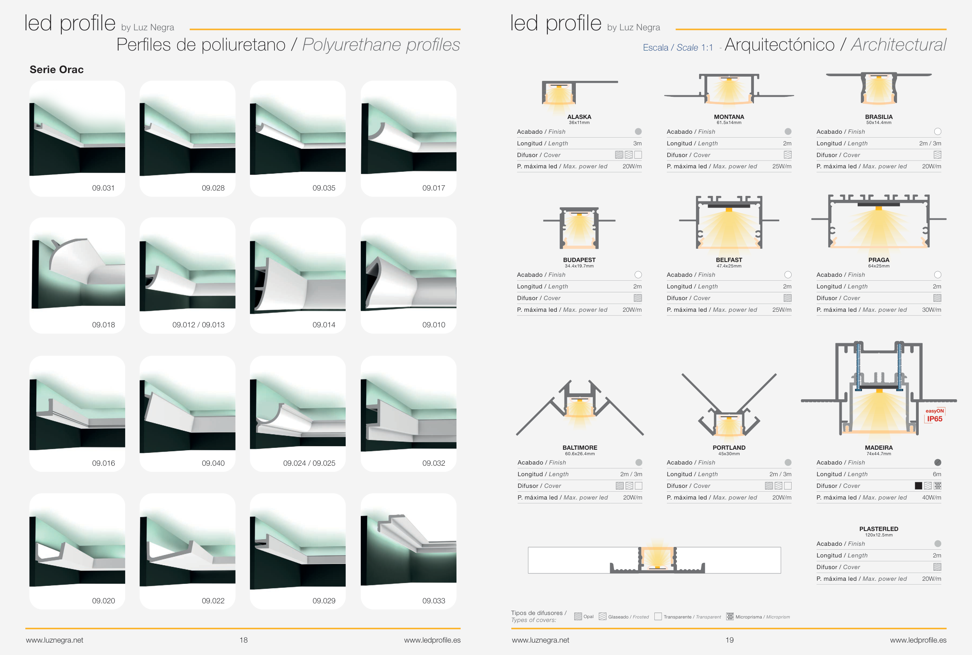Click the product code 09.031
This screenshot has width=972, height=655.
point(103,188)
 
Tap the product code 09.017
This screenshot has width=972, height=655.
point(434,188)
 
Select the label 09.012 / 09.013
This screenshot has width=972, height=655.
point(198,325)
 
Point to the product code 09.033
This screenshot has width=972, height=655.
point(434,601)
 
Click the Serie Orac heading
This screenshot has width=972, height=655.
point(56,69)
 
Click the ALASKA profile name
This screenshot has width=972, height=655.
point(579,117)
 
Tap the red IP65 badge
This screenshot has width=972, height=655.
point(934,419)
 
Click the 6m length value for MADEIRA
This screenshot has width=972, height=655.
point(937,474)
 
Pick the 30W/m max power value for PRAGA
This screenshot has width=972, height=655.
point(932,309)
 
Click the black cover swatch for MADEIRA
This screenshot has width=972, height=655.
point(918,486)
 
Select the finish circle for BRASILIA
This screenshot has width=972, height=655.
point(937,132)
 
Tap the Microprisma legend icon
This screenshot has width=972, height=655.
point(730,617)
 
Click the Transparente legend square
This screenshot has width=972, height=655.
point(658,617)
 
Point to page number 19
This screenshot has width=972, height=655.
point(729,640)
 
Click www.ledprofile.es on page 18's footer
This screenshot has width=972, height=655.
point(432,640)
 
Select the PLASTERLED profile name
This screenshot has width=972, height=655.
point(878,529)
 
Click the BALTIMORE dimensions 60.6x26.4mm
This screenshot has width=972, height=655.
point(579,454)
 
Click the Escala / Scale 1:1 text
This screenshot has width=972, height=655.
point(678,48)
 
